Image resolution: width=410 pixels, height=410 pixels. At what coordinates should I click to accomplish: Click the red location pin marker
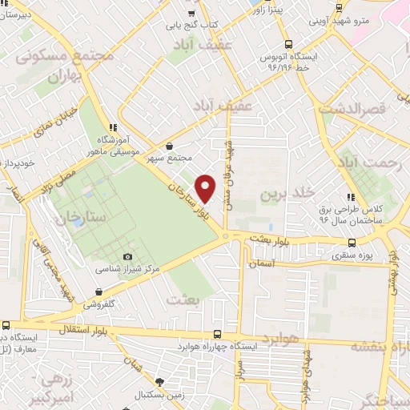(x=206, y=188)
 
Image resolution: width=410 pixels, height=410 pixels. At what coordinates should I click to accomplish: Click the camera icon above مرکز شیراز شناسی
(x=128, y=256)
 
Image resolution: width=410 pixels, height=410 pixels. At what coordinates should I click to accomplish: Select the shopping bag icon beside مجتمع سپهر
(x=169, y=147)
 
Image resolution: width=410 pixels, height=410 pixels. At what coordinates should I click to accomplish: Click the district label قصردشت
(x=352, y=106)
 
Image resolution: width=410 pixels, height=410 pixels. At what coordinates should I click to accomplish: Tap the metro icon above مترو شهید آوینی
(x=339, y=7)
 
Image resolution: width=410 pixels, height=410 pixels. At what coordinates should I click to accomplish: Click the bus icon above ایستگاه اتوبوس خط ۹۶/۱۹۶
(x=287, y=45)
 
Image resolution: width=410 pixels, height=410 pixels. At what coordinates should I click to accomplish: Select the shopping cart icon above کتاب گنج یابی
(x=191, y=13)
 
